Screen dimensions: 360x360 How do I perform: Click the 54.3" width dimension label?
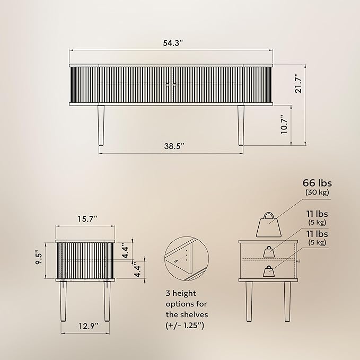[x=173, y=43]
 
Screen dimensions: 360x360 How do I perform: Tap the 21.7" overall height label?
[x=298, y=83]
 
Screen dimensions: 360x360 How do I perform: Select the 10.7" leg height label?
[x=284, y=125]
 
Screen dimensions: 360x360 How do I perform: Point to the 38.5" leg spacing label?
[x=174, y=146]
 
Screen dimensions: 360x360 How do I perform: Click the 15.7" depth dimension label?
[x=87, y=219]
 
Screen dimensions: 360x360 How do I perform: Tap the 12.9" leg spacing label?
[x=89, y=326]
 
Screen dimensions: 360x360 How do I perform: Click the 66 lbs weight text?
[x=317, y=183]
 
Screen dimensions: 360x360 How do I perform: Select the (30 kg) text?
[x=317, y=192]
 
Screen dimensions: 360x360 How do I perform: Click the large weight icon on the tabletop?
[x=269, y=225]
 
